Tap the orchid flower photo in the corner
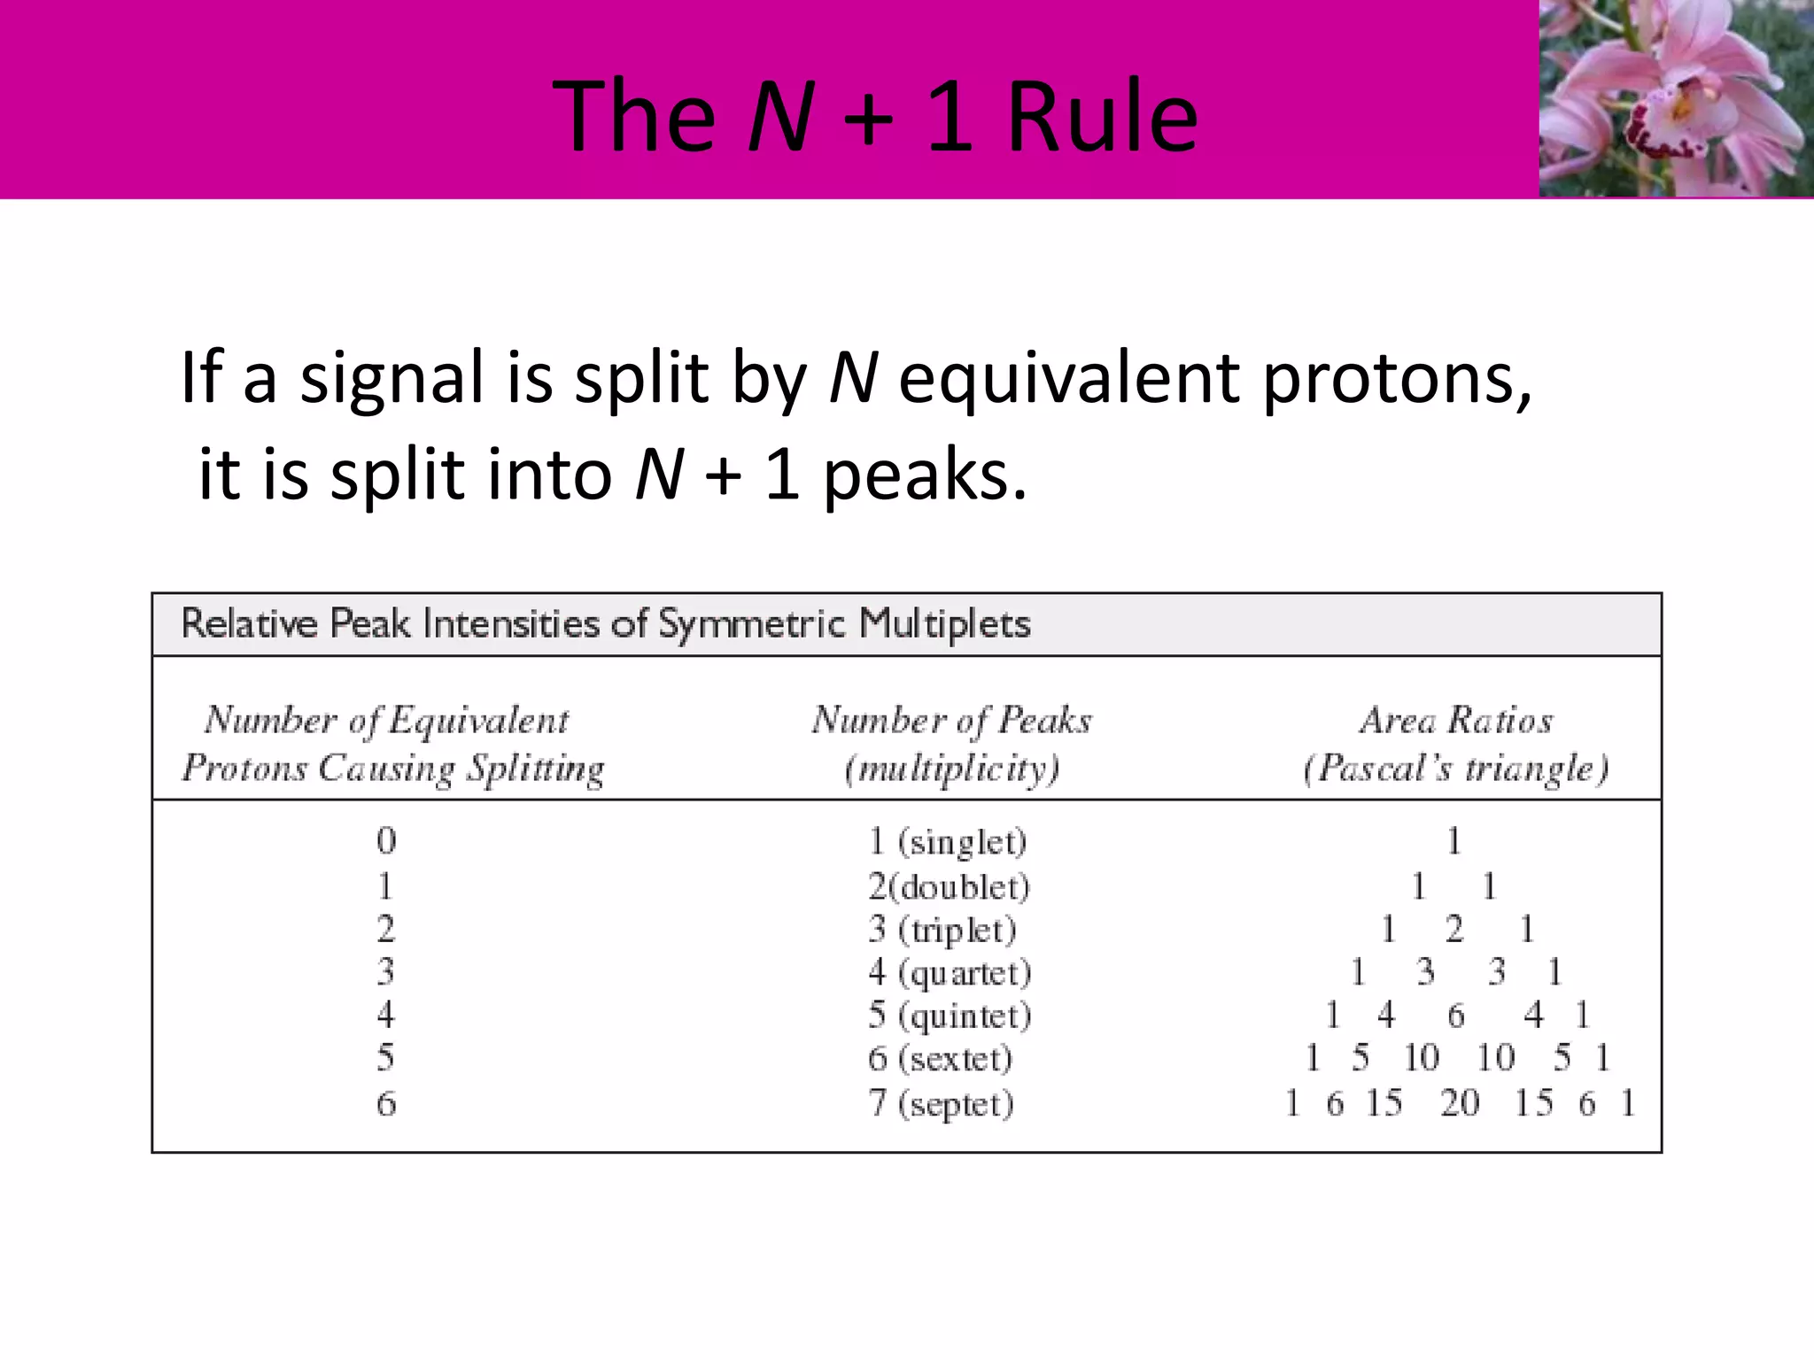1676,98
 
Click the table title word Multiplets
945,623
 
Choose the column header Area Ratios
1456,721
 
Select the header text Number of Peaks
951,721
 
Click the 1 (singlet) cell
947,841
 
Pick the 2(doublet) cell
949,886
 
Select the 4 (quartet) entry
950,972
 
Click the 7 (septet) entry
941,1103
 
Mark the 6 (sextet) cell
940,1058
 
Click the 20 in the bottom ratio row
1460,1103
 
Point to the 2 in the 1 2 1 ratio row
1454,929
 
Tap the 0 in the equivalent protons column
386,840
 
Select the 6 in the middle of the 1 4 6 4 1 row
1456,1015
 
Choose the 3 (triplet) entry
942,930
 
